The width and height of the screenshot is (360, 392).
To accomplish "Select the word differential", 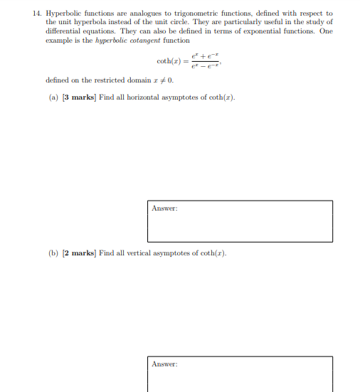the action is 63,32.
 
